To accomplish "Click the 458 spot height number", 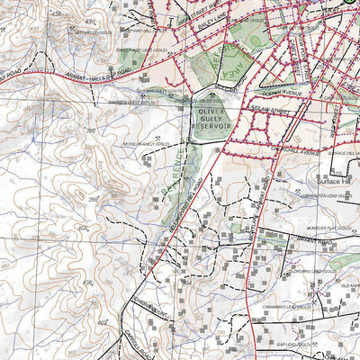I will [x=61, y=13].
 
